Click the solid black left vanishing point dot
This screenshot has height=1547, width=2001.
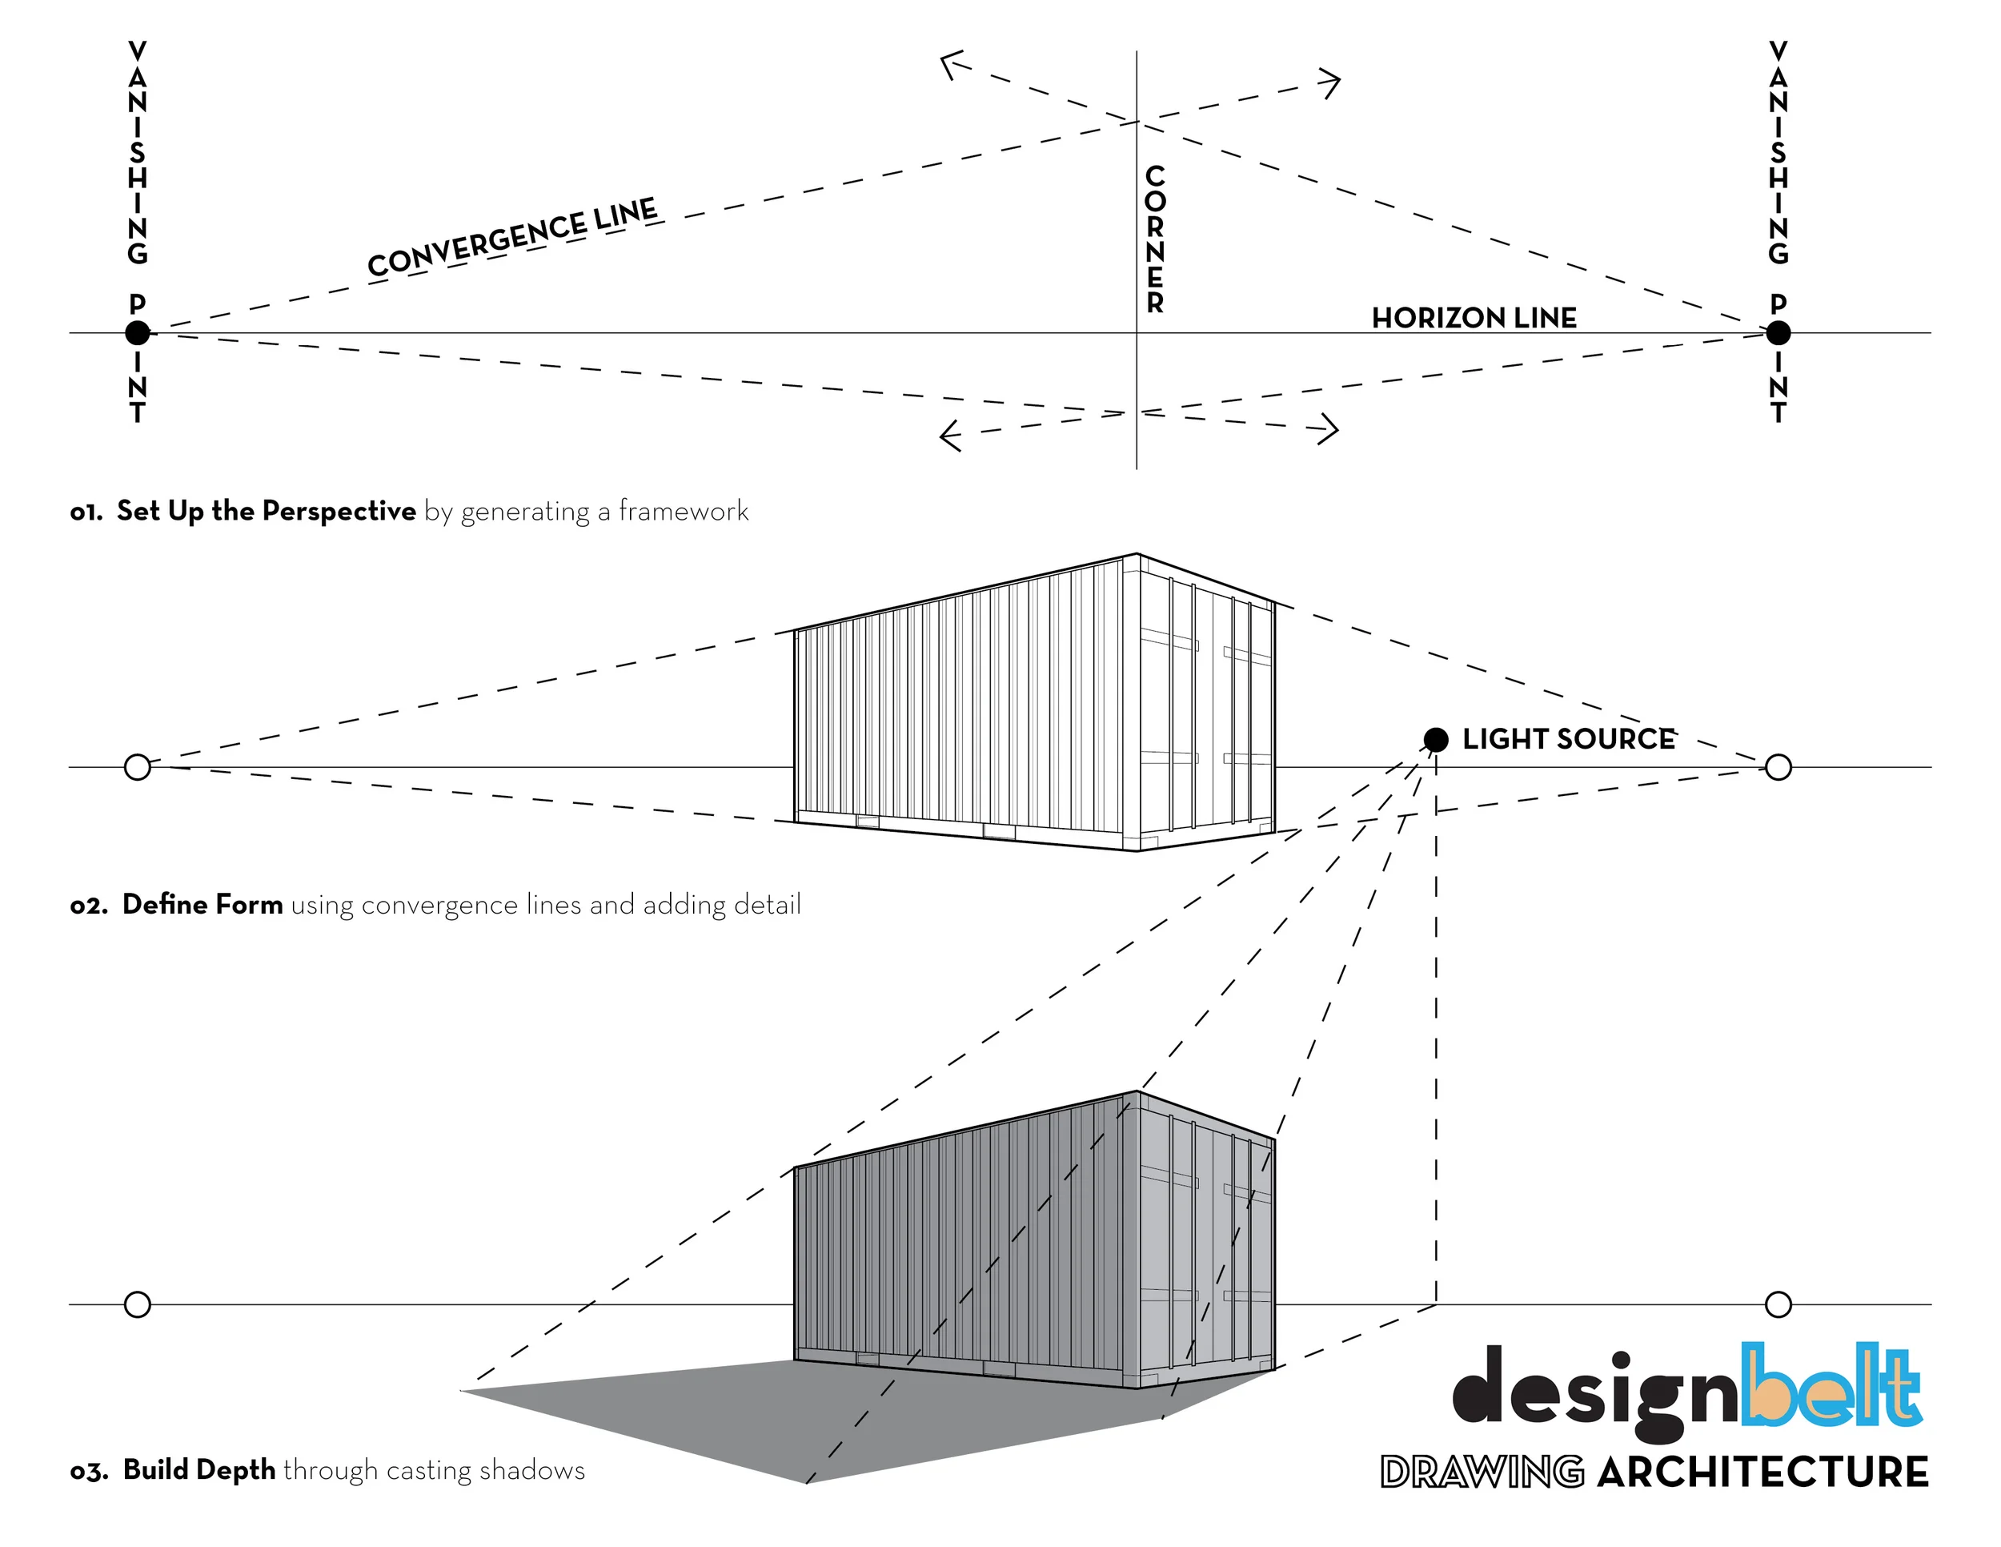[x=138, y=332]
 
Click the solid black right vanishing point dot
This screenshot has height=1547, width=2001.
[x=1778, y=332]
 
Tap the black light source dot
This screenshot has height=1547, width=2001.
[x=1436, y=739]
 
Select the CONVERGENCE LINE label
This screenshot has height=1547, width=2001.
[x=512, y=236]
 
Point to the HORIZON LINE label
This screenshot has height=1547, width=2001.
[x=1474, y=318]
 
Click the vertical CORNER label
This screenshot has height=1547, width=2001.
[x=1154, y=239]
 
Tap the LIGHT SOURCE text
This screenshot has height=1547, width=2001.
[x=1568, y=739]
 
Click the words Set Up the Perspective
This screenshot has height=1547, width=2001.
[x=266, y=511]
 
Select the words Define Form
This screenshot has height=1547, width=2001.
[x=203, y=905]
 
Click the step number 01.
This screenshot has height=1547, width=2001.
[x=86, y=512]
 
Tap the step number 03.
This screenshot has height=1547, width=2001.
[x=89, y=1471]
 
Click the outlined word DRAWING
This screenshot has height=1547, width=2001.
[x=1482, y=1472]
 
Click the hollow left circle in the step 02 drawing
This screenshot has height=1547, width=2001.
[x=138, y=767]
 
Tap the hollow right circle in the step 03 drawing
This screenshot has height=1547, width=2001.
[x=1778, y=1304]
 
